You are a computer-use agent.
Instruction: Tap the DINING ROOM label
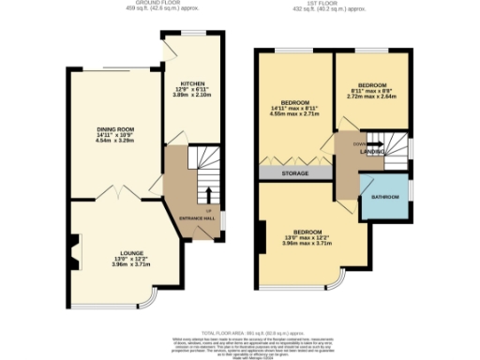click(x=115, y=129)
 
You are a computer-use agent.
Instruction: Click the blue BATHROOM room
click(x=385, y=197)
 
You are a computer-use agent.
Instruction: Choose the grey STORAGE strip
click(x=297, y=173)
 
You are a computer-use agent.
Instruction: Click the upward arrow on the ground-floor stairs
click(x=207, y=191)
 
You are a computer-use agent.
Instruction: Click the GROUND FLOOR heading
click(x=157, y=4)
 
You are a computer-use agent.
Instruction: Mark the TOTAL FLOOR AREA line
click(x=240, y=332)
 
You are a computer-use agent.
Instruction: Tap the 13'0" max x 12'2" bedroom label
click(x=307, y=237)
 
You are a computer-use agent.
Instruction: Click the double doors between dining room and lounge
click(x=119, y=195)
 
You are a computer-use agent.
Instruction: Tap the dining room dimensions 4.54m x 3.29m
click(x=115, y=142)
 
